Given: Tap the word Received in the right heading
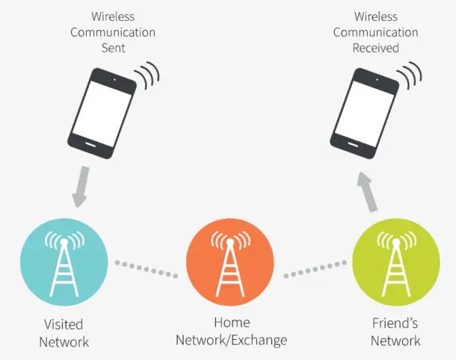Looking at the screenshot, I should [x=375, y=49].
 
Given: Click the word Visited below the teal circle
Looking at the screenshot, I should [x=64, y=325].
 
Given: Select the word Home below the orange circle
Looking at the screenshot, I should [x=231, y=323].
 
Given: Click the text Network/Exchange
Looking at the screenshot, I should [x=231, y=341].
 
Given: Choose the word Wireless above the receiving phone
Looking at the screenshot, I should [x=375, y=16].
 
